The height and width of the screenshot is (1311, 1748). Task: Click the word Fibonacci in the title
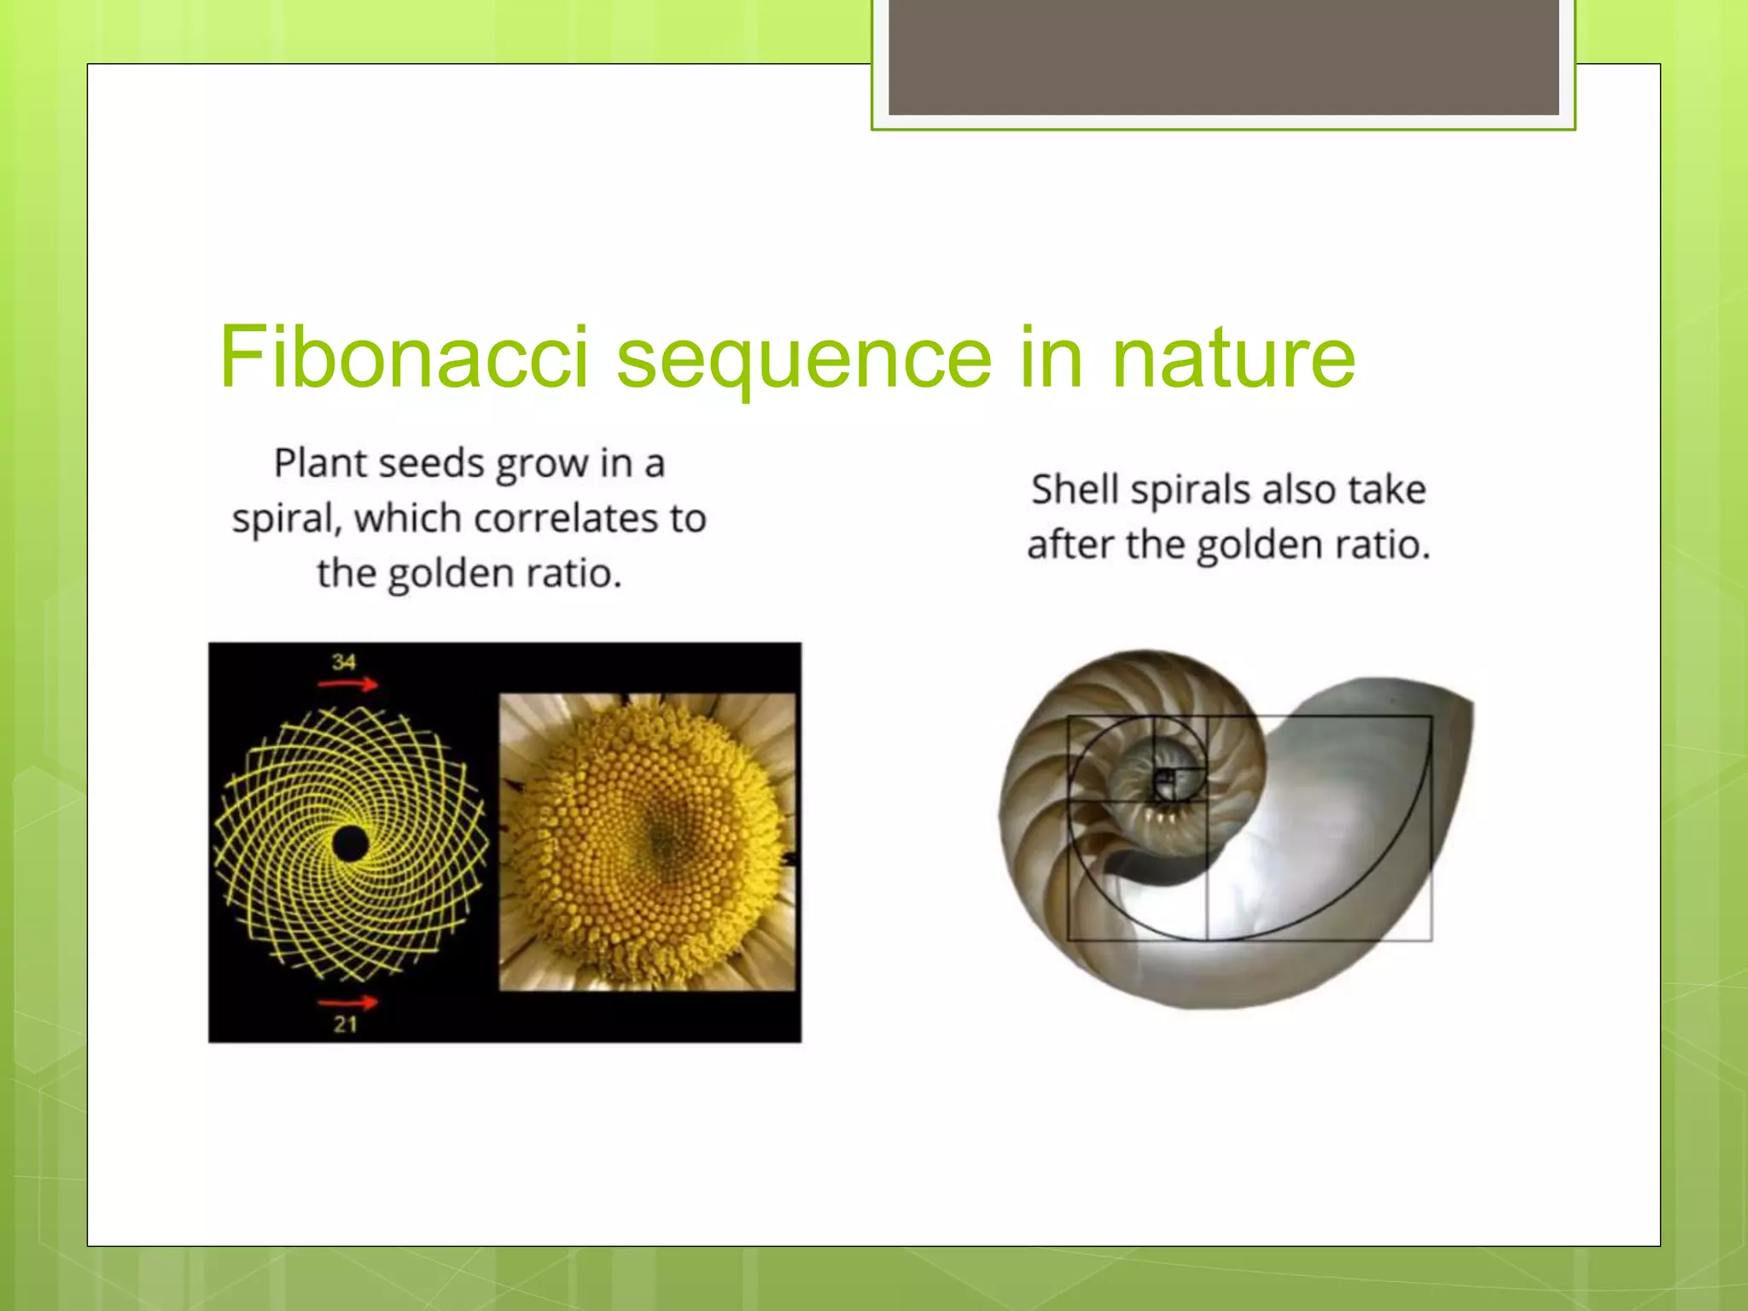[404, 357]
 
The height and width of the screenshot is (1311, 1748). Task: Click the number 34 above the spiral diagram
[344, 662]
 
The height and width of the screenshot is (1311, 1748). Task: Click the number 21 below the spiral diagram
[345, 1024]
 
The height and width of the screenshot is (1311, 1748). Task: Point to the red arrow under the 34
[347, 685]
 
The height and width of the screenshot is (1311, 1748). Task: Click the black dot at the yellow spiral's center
[350, 844]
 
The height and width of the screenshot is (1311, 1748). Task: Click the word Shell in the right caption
[1075, 490]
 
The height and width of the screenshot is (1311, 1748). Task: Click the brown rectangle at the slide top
[1223, 57]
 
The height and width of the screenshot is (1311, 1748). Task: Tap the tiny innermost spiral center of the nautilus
[1164, 780]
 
